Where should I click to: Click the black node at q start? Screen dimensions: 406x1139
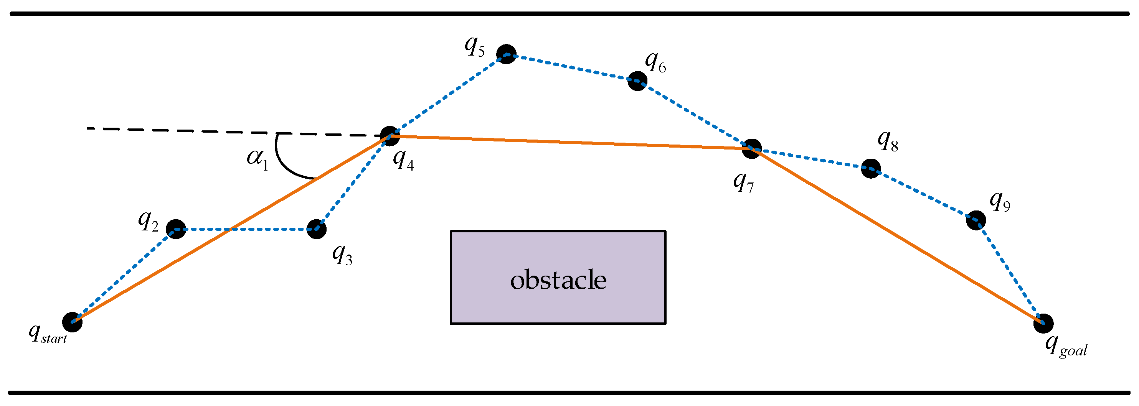pyautogui.click(x=72, y=322)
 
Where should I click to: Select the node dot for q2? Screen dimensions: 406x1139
pyautogui.click(x=176, y=229)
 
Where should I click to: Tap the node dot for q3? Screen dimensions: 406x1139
pyautogui.click(x=317, y=229)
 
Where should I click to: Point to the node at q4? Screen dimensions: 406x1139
pyautogui.click(x=390, y=136)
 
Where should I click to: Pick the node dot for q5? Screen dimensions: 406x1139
pyautogui.click(x=506, y=54)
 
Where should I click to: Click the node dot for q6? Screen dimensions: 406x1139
pyautogui.click(x=637, y=81)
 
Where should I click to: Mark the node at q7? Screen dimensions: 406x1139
pyautogui.click(x=752, y=148)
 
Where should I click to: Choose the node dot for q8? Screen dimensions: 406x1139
pyautogui.click(x=871, y=168)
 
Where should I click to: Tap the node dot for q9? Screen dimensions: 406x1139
pyautogui.click(x=976, y=220)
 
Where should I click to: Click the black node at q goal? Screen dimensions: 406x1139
pyautogui.click(x=1043, y=324)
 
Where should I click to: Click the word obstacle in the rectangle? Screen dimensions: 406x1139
pyautogui.click(x=558, y=280)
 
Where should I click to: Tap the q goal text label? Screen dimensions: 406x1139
pyautogui.click(x=1066, y=346)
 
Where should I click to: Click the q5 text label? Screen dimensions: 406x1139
pyautogui.click(x=474, y=46)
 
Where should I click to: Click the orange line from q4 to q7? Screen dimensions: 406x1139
pyautogui.click(x=570, y=142)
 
